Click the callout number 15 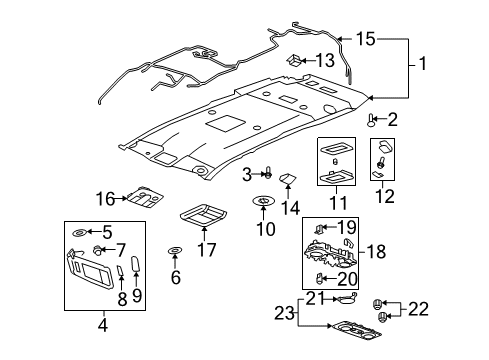pyautogui.click(x=367, y=39)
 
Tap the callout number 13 pyautogui.click(x=325, y=58)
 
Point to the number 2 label pyautogui.click(x=392, y=120)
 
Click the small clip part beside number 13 pyautogui.click(x=297, y=59)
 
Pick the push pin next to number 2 pyautogui.click(x=372, y=120)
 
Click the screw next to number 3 pyautogui.click(x=268, y=176)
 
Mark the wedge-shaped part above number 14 pyautogui.click(x=288, y=180)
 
